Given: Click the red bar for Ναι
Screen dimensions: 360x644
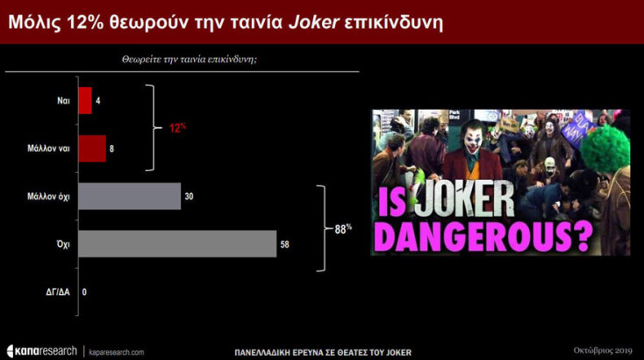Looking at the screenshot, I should point(85,101).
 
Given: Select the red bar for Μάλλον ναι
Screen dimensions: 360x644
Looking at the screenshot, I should point(92,148).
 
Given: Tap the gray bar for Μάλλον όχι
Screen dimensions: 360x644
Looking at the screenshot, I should point(129,197).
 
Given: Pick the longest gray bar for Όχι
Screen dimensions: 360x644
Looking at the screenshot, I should point(177,243).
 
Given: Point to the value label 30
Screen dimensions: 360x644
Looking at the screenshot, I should point(189,197).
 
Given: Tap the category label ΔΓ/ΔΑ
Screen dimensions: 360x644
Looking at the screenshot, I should point(59,292).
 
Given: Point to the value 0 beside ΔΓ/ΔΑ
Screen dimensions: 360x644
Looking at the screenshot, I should point(84,292).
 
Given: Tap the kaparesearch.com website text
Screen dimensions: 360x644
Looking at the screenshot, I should point(116,351).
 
